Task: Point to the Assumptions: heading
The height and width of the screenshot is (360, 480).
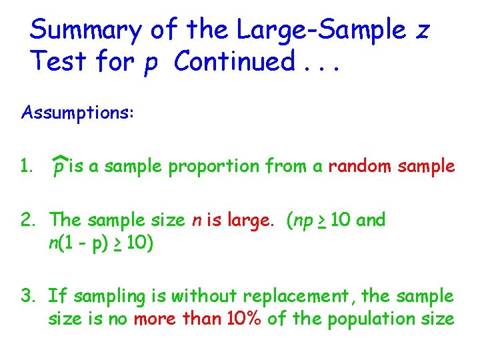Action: [x=78, y=113]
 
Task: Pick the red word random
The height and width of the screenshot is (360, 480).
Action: [x=360, y=167]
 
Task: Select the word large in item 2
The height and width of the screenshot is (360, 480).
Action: [x=257, y=220]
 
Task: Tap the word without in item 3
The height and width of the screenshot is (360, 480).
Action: [x=206, y=296]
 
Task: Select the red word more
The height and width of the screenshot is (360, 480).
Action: [x=156, y=319]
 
